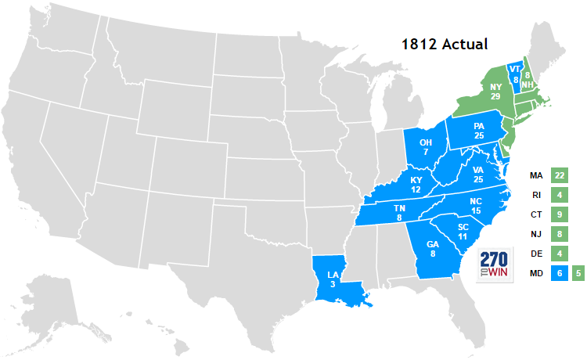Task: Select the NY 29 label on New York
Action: pos(495,91)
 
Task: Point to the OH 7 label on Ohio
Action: pos(425,146)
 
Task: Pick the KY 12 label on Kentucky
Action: pos(416,185)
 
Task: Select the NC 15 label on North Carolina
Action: pos(476,206)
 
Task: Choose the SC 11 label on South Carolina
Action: pos(462,231)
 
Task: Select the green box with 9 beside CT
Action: pos(558,214)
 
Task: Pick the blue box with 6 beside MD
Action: pos(558,273)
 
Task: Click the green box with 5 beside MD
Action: pos(578,273)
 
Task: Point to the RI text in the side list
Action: pos(536,194)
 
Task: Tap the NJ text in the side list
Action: pos(536,233)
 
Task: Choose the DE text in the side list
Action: pos(536,254)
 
